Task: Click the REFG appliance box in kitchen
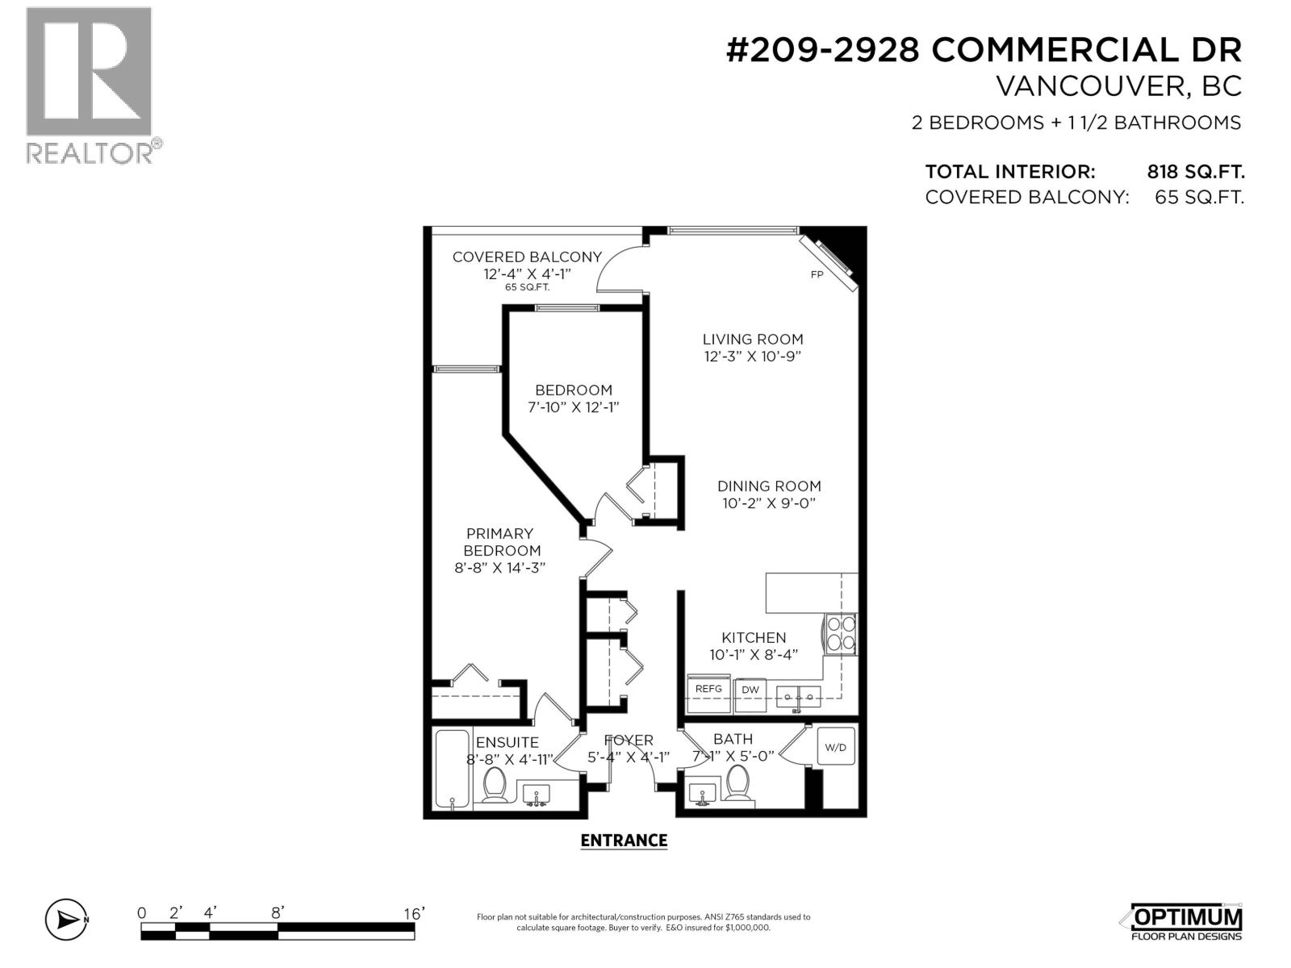tap(708, 691)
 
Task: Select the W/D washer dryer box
tap(835, 748)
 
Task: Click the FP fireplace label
tap(817, 274)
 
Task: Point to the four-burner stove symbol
tap(839, 632)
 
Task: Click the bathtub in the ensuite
tap(451, 768)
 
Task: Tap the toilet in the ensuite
tap(494, 784)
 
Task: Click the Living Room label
tap(752, 340)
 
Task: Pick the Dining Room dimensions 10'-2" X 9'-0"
tap(769, 503)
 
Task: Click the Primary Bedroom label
tap(499, 542)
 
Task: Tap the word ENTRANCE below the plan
tap(624, 841)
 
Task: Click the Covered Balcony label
tap(527, 257)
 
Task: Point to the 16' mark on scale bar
tap(413, 913)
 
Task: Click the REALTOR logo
tap(90, 85)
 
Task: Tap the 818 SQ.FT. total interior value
tap(1196, 172)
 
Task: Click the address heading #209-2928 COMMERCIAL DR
tap(984, 50)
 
